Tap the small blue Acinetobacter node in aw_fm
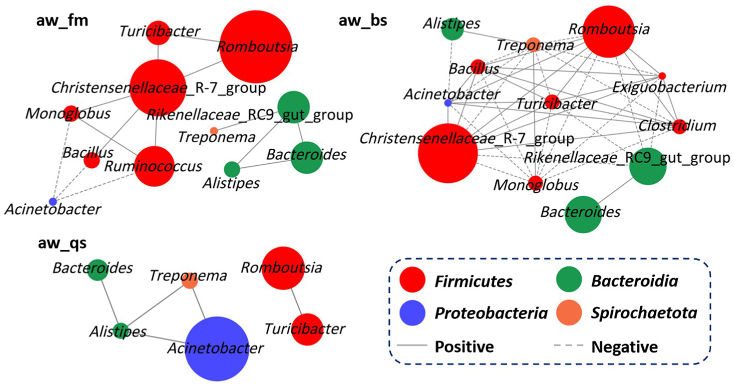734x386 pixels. [x=52, y=201]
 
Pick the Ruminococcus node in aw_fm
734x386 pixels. [x=155, y=166]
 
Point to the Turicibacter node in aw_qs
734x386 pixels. [x=307, y=329]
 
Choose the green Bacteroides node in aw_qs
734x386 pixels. [x=97, y=270]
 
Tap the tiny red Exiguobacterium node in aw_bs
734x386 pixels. [x=662, y=76]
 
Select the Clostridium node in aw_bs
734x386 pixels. [x=679, y=127]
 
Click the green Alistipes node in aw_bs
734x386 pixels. [x=452, y=29]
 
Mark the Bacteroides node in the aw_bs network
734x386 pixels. [x=583, y=214]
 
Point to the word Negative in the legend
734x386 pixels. [x=624, y=346]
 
